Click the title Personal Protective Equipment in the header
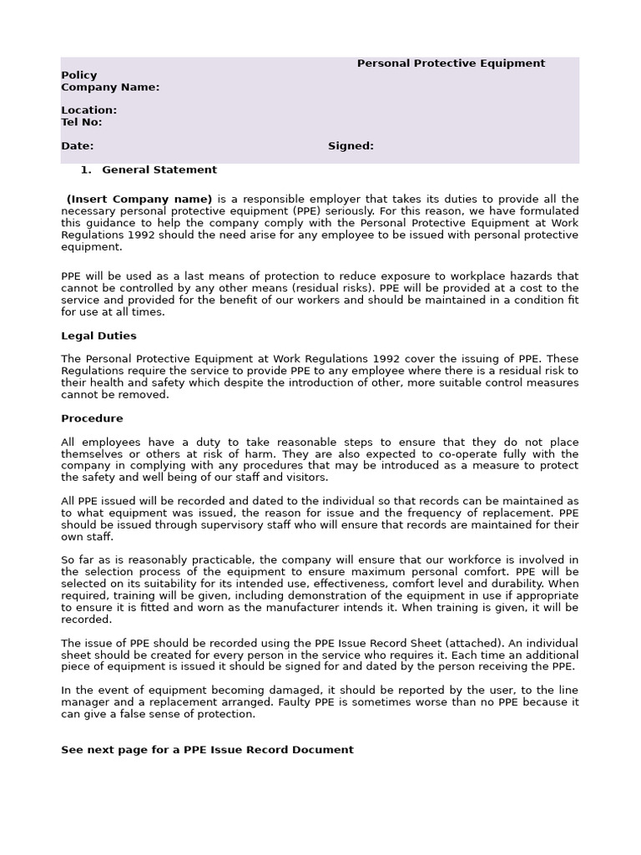coord(451,63)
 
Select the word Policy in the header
coord(79,75)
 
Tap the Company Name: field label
coord(110,87)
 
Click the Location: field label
coord(88,110)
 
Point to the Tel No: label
coord(82,122)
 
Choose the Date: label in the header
coord(77,146)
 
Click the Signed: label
coord(351,146)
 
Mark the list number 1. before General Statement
coord(85,169)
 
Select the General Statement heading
coord(159,169)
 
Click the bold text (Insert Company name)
coord(139,199)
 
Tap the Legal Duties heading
coord(98,336)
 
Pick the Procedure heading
coord(92,418)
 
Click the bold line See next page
coord(207,750)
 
